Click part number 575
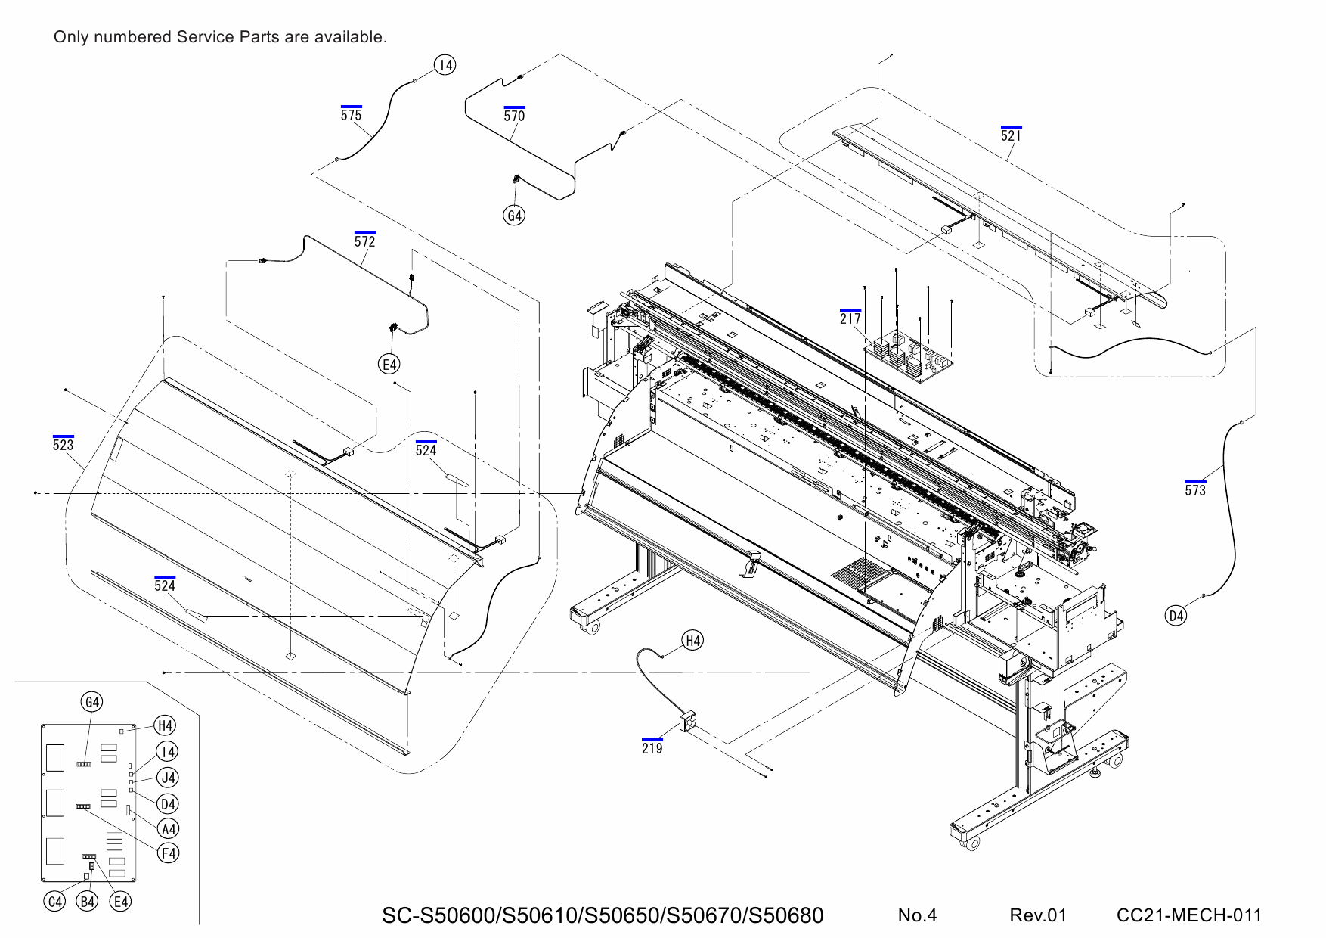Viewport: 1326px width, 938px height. [x=351, y=115]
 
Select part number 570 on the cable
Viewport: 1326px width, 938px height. [x=514, y=116]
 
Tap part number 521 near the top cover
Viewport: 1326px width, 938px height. [x=1011, y=135]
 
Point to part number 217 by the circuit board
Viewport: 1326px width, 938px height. [x=850, y=318]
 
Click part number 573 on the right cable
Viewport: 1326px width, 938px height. [x=1195, y=490]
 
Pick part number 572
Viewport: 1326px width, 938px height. [x=365, y=241]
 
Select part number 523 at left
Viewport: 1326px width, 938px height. [x=64, y=445]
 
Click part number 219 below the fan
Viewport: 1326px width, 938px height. [x=652, y=748]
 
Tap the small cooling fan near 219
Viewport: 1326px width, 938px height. [x=689, y=722]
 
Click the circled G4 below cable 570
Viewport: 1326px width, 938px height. [x=514, y=216]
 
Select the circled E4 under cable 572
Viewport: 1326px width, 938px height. [x=389, y=365]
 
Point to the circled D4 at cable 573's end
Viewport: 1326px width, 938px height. [x=1176, y=616]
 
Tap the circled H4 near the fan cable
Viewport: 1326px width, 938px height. [x=692, y=641]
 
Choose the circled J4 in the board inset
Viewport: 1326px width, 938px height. [x=168, y=777]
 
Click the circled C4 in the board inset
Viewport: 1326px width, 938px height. [x=55, y=901]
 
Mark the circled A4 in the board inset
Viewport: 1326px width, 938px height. [x=168, y=828]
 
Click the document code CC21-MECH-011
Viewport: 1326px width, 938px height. [x=1188, y=915]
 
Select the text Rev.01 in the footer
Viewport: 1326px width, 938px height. [x=1037, y=915]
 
